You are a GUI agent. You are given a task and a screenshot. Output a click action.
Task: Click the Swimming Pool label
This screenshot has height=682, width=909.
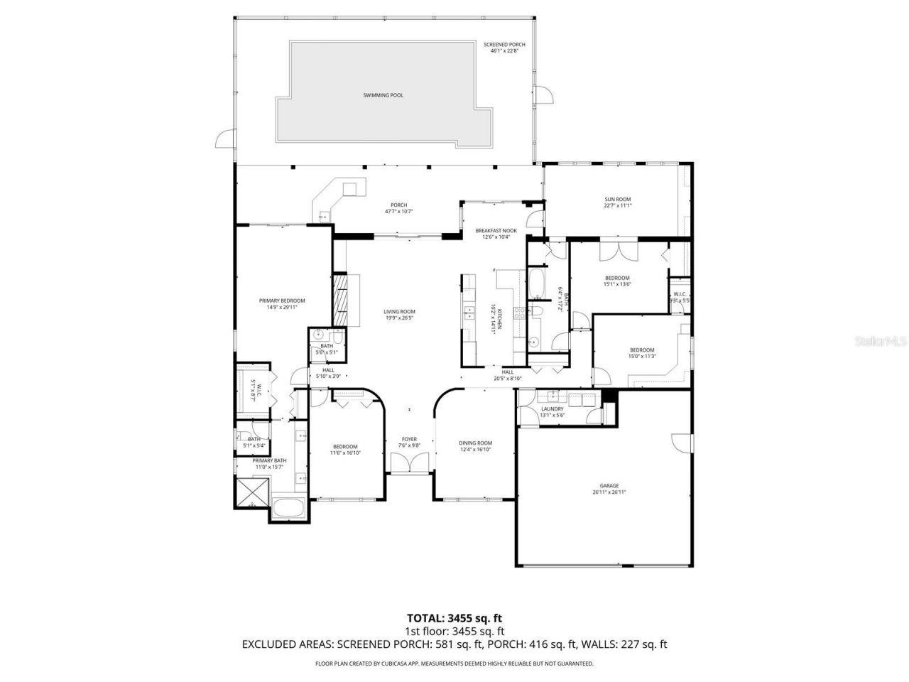tap(383, 95)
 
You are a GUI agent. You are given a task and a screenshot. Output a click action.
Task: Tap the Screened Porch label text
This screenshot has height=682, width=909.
tap(504, 48)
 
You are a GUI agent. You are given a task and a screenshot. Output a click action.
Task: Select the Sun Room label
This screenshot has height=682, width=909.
tap(617, 202)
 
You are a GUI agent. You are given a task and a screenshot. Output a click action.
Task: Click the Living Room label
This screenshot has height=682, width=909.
tap(399, 315)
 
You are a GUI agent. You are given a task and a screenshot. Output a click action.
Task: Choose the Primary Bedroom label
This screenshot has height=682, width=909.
tap(281, 304)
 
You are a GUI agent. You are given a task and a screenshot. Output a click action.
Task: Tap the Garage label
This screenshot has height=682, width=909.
tap(609, 489)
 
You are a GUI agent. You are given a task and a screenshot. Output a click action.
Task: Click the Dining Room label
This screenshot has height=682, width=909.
tap(475, 446)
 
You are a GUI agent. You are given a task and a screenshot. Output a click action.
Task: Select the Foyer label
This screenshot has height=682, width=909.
tap(409, 442)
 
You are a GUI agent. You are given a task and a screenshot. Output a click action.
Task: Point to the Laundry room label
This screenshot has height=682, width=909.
tap(552, 412)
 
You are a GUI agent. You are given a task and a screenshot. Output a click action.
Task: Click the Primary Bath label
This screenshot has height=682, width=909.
tap(270, 463)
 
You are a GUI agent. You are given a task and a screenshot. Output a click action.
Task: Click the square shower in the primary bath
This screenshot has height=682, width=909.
tap(252, 492)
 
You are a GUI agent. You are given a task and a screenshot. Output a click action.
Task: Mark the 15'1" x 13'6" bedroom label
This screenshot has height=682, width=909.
tap(617, 281)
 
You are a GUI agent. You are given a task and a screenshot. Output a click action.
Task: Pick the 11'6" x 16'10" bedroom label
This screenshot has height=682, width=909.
tap(345, 450)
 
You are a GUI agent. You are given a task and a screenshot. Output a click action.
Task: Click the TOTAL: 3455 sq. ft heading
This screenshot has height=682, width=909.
tap(454, 617)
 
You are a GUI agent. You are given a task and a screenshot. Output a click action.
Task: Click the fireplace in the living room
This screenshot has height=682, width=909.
tap(342, 298)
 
